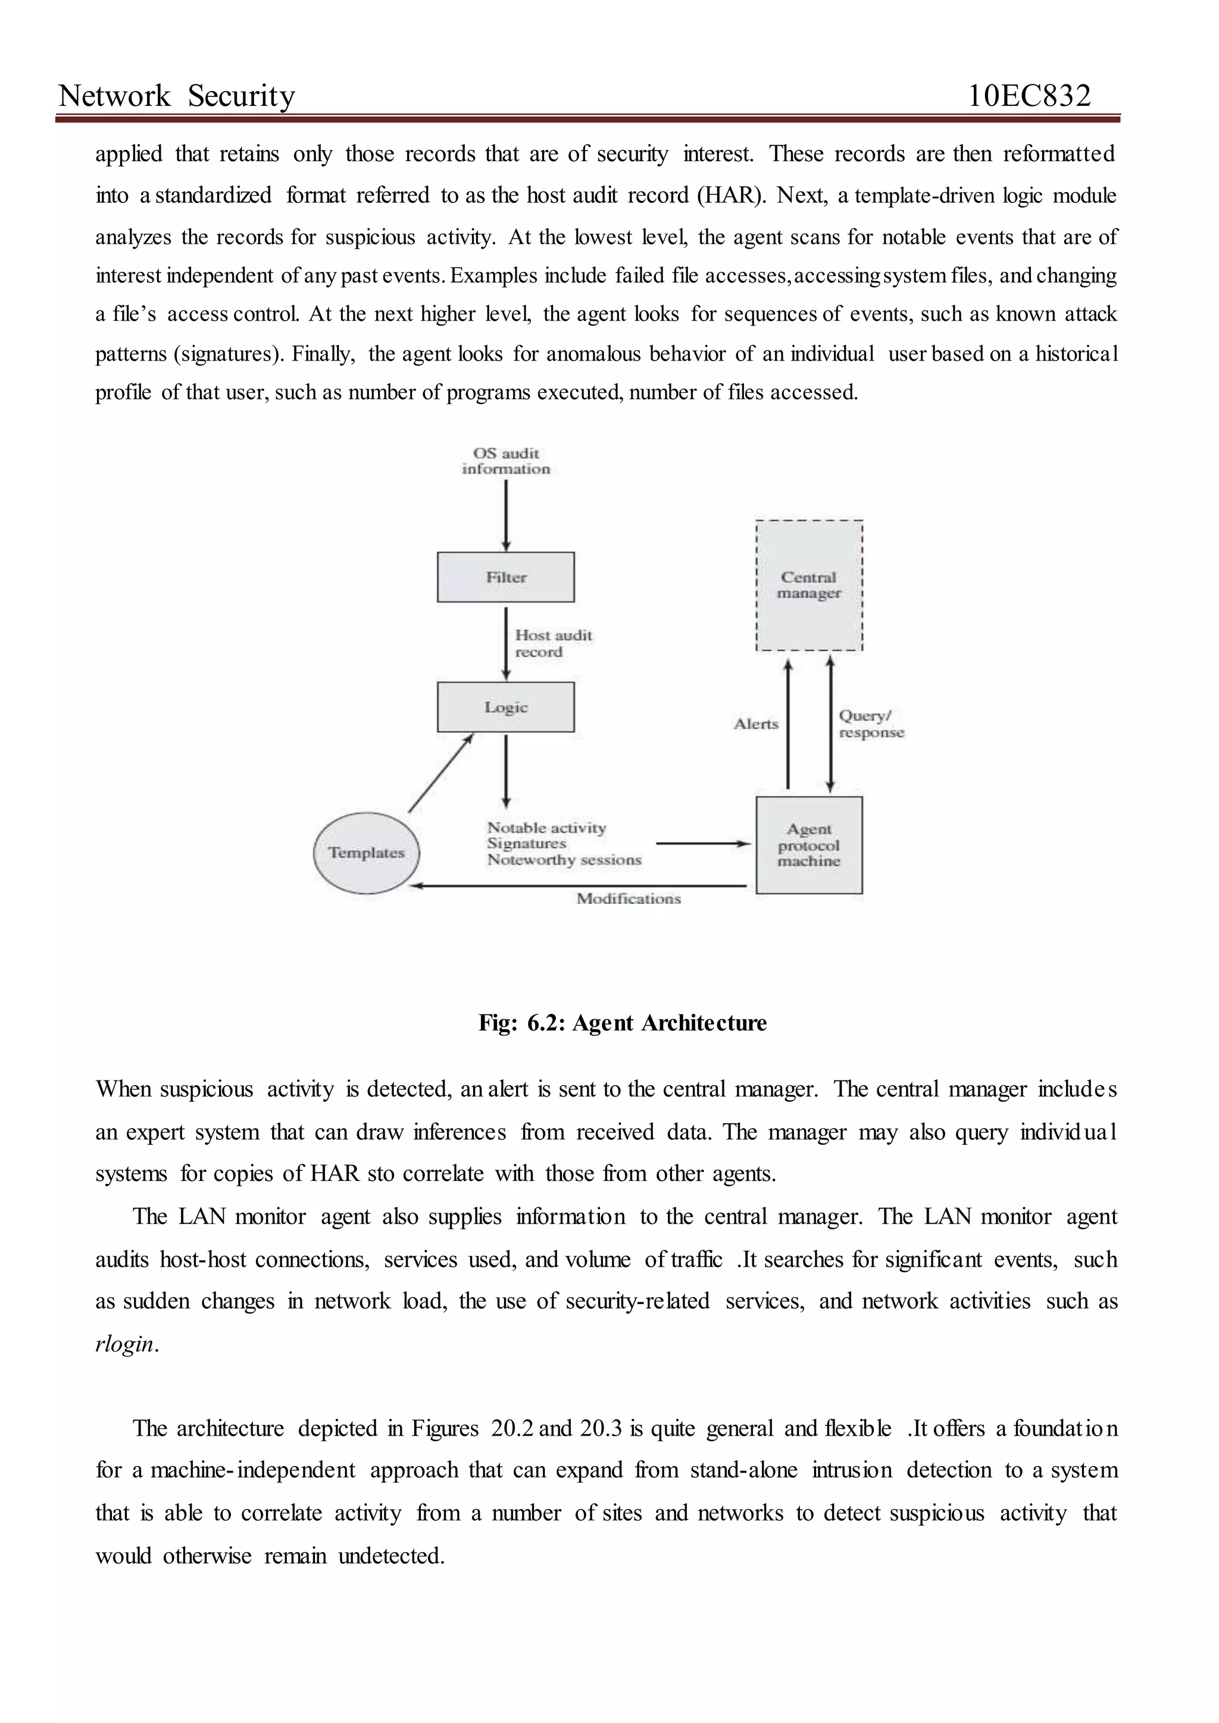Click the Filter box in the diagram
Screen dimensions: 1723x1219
505,577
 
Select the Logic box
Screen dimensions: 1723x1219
505,707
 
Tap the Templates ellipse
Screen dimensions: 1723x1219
366,853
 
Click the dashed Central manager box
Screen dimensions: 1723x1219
808,585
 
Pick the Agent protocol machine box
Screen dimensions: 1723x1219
808,845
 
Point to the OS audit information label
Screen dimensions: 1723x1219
505,460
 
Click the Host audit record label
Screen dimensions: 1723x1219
552,643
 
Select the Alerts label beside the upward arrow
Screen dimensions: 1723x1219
755,724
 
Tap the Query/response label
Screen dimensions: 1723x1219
871,724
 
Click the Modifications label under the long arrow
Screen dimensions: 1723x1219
629,899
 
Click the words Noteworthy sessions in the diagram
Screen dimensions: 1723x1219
564,860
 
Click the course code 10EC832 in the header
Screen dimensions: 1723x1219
1029,96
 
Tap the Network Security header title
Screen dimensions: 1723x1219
177,96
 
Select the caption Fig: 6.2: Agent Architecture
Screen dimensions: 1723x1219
622,1023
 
